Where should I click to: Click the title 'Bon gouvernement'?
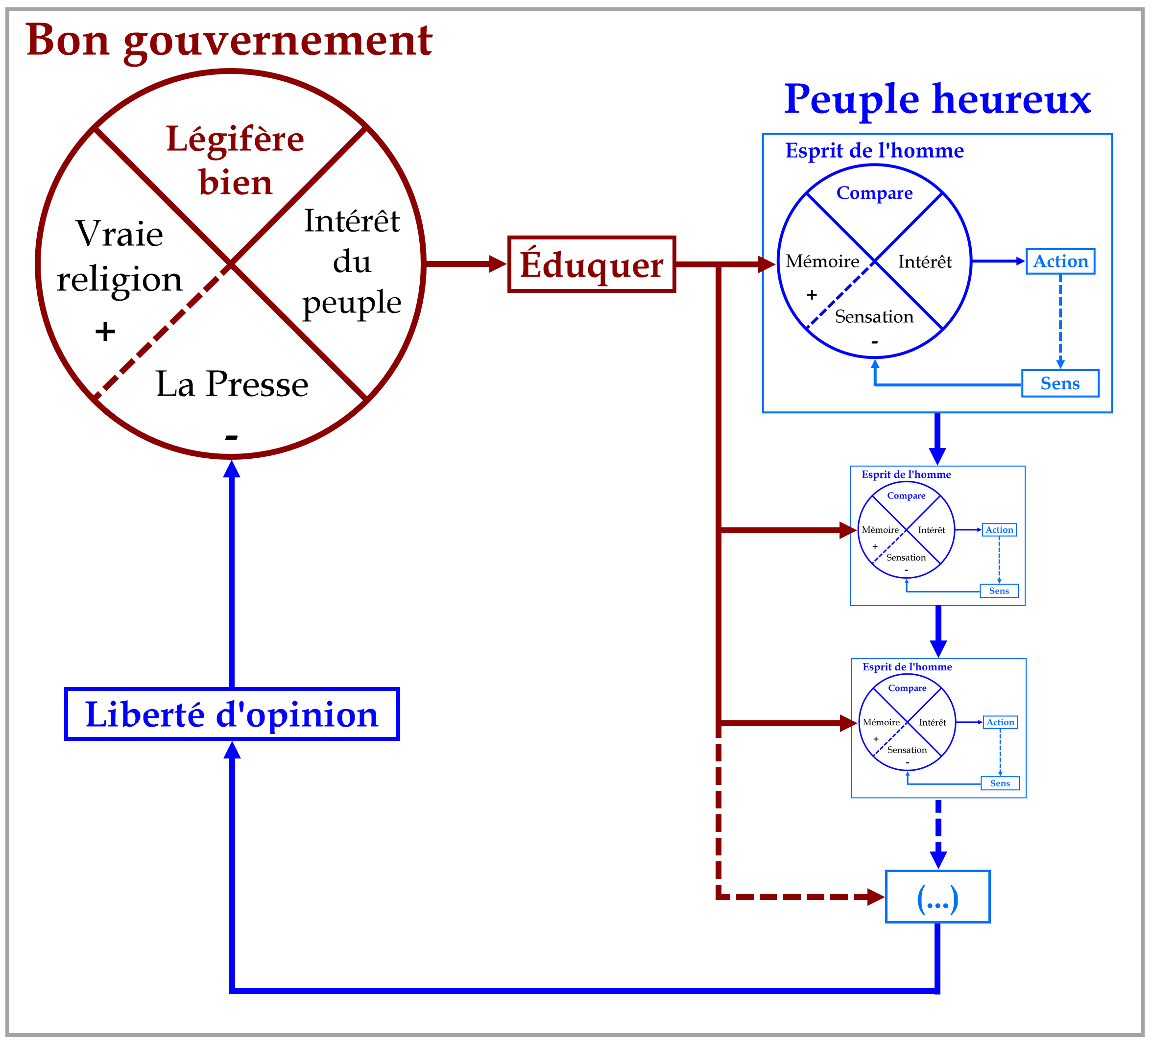coord(229,41)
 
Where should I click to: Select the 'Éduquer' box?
coord(592,264)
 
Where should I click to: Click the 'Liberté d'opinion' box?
coord(232,714)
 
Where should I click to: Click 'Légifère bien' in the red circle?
coord(236,161)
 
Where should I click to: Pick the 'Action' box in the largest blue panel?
coord(1060,261)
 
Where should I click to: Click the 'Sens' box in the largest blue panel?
coord(1060,383)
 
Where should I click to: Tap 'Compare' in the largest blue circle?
coord(874,193)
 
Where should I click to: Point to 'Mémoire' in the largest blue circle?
coord(822,261)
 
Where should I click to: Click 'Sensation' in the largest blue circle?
coord(874,316)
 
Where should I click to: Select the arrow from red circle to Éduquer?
coord(465,264)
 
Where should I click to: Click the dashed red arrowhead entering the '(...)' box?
coord(876,897)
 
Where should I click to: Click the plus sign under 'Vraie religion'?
coord(105,332)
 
